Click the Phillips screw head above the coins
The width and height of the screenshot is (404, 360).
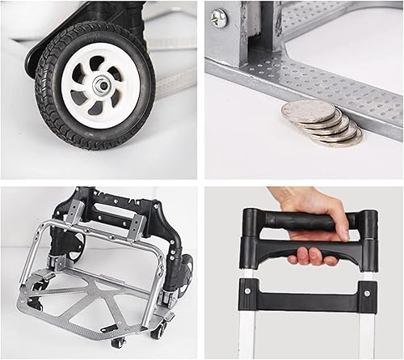pyautogui.click(x=218, y=19)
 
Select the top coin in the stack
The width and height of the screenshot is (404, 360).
pyautogui.click(x=307, y=111)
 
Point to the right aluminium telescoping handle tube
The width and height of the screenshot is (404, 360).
pyautogui.click(x=368, y=332)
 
